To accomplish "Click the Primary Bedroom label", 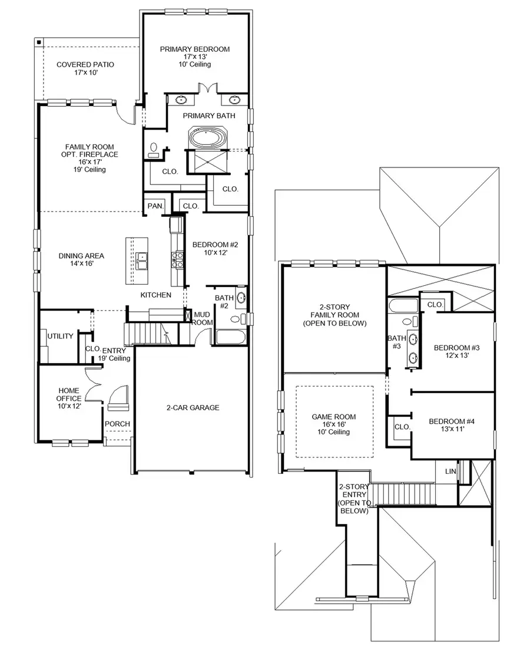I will click(195, 57).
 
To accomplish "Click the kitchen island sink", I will click(142, 258).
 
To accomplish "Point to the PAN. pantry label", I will click(154, 206).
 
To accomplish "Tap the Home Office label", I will click(69, 398).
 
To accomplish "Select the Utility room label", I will click(61, 337).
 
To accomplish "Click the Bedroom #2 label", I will click(207, 248).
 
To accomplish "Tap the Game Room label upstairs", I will click(333, 424).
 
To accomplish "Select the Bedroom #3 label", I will click(457, 352).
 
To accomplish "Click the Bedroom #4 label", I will click(452, 424).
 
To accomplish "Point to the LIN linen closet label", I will click(450, 472).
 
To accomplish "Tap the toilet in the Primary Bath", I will click(154, 150).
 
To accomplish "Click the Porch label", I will click(117, 424).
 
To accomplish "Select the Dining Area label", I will click(81, 260).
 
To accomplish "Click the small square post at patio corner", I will click(38, 42).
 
